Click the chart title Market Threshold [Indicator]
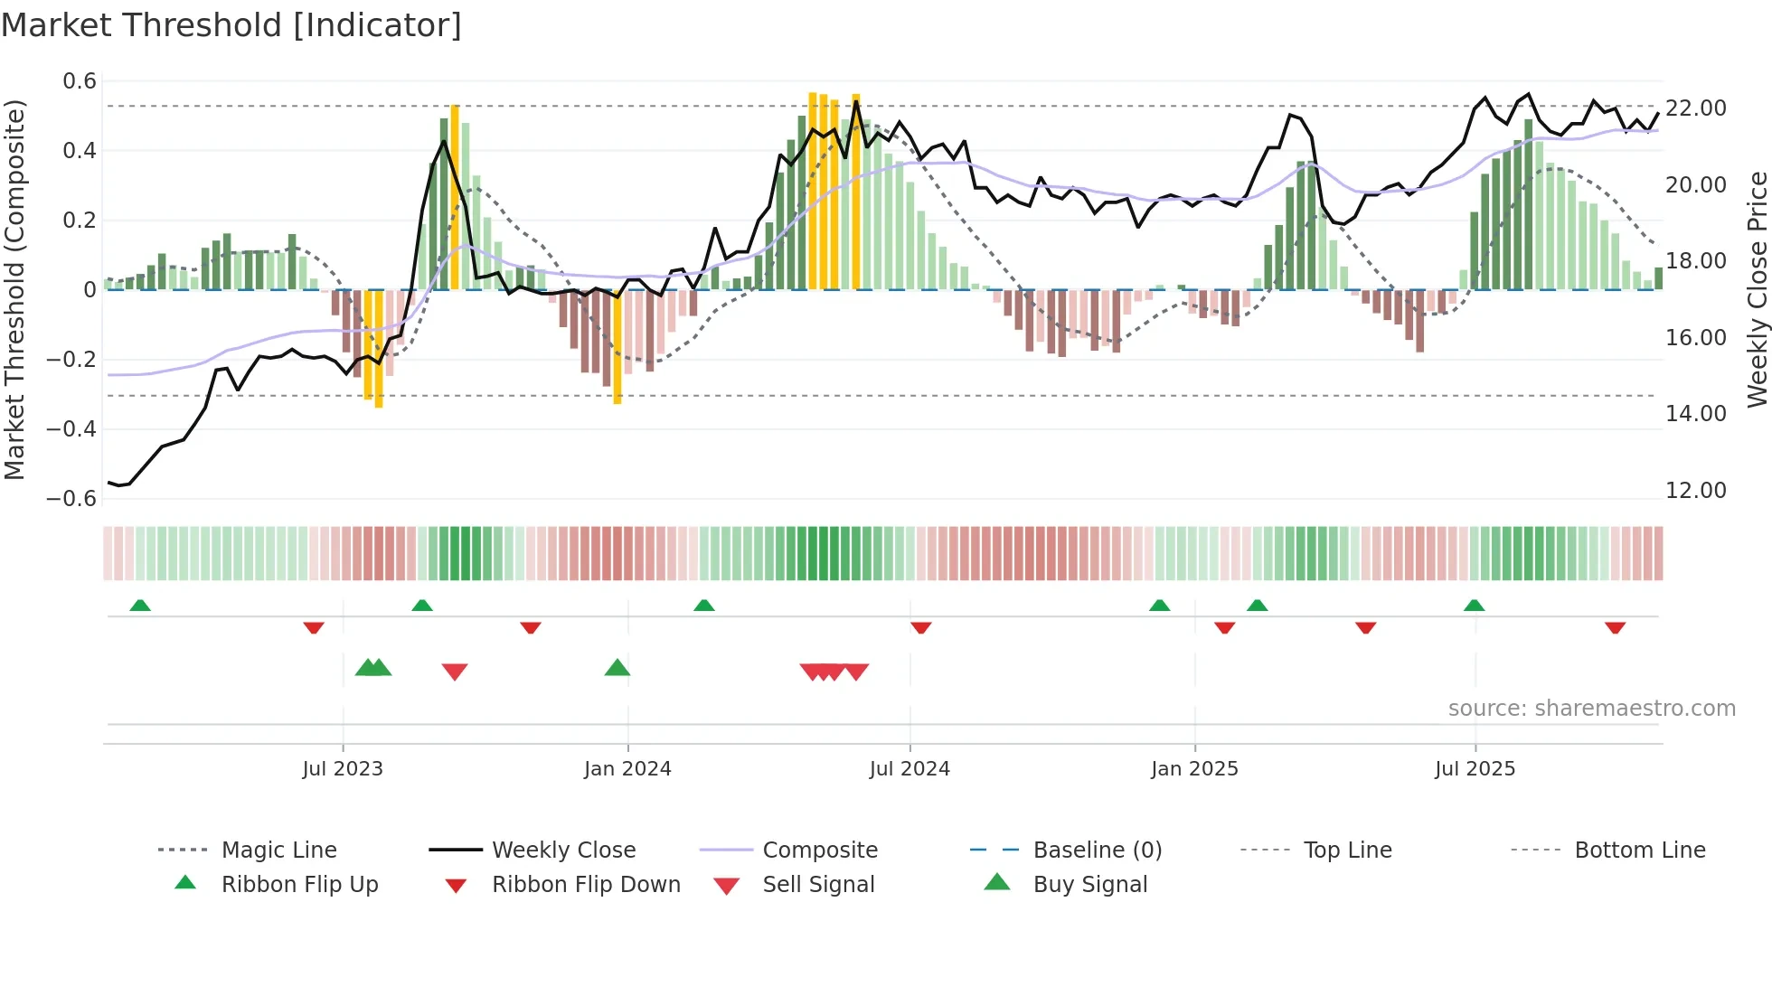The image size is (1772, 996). tap(231, 25)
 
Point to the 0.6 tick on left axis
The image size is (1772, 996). tap(80, 81)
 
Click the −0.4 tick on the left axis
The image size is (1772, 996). tap(71, 428)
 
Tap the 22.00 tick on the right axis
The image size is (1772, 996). tap(1696, 108)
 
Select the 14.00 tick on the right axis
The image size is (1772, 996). tap(1696, 414)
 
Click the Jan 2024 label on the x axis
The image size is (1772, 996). tap(627, 769)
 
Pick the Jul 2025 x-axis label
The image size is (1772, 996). tap(1475, 769)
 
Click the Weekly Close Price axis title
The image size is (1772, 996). tap(1757, 289)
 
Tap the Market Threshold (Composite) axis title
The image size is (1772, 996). tap(14, 289)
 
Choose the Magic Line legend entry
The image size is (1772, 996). tap(278, 850)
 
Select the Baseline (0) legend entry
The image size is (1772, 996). tap(1097, 850)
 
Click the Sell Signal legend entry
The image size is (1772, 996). tap(818, 885)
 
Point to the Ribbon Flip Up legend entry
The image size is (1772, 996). tap(299, 885)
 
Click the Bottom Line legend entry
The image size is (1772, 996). tap(1639, 850)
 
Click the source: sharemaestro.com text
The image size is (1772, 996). tap(1591, 709)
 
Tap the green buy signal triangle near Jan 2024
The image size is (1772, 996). tap(617, 668)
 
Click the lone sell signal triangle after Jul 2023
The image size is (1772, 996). tap(455, 672)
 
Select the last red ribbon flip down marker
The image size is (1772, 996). tap(1615, 627)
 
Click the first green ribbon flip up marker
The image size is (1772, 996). tap(140, 606)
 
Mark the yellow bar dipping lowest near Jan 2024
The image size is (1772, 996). tap(617, 348)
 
